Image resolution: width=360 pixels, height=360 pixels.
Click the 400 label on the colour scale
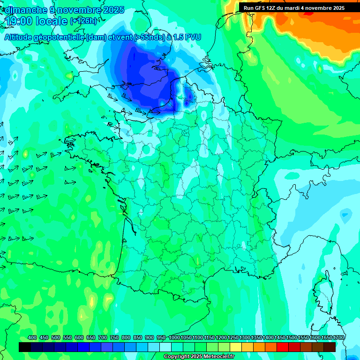coord(32,337)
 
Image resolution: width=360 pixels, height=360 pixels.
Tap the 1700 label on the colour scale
coord(338,337)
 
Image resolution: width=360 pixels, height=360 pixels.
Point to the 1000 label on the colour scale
coord(174,337)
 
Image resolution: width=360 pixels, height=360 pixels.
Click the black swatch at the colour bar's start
coord(25,347)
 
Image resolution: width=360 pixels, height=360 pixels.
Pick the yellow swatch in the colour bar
coord(236,347)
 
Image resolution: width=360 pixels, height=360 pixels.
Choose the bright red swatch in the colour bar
coord(283,347)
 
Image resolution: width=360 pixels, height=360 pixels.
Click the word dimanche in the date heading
coord(23,10)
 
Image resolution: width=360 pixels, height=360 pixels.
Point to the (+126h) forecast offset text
coord(83,21)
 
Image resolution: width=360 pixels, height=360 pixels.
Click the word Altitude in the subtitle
coord(20,37)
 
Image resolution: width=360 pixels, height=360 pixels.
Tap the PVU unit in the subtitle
coord(193,37)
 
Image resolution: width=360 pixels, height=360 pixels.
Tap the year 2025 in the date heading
coord(113,10)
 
